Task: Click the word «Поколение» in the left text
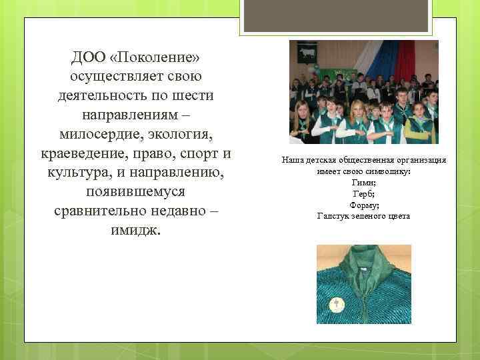pyautogui.click(x=155, y=55)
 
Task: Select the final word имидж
pyautogui.click(x=135, y=231)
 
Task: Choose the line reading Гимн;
pyautogui.click(x=363, y=182)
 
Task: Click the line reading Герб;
pyautogui.click(x=363, y=193)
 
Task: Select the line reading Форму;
pyautogui.click(x=363, y=205)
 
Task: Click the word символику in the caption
pyautogui.click(x=388, y=171)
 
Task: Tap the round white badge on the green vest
pyautogui.click(x=337, y=305)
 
